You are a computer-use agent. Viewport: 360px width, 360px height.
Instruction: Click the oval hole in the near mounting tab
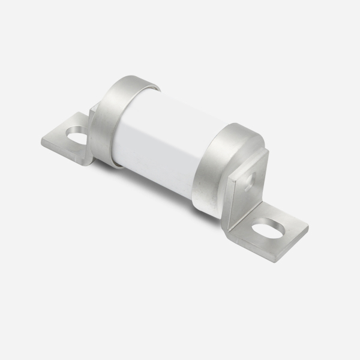click(269, 229)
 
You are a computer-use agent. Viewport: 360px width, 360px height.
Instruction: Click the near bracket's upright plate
click(246, 186)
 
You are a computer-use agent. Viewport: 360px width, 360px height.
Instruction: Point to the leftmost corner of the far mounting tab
click(43, 142)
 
